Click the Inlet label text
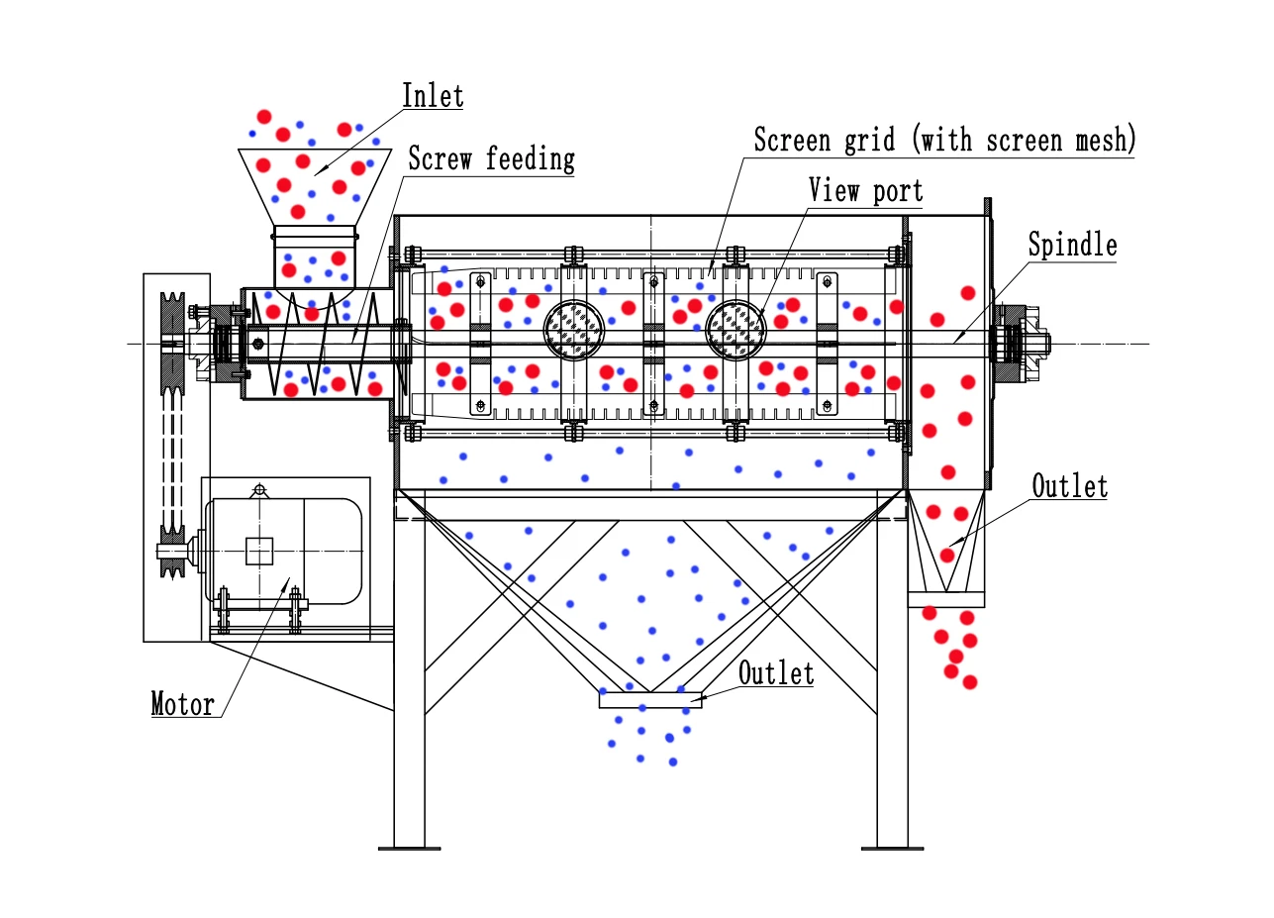433,96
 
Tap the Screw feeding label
491,158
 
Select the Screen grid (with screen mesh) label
944,140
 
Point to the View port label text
865,190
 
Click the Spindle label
1072,245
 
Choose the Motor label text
182,704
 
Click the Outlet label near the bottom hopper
776,673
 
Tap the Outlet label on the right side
1069,486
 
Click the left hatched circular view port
574,330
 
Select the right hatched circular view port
735,330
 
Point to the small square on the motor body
259,551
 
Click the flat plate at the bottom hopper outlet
649,700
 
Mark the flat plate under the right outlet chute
946,599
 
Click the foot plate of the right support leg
892,848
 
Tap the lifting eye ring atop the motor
259,489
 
